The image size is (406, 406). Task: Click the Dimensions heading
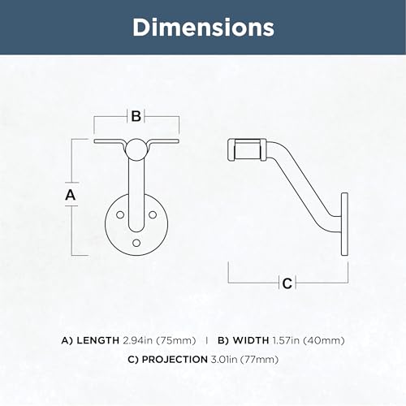pyautogui.click(x=203, y=28)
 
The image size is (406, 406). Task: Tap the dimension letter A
pyautogui.click(x=71, y=195)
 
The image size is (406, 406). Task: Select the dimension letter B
pyautogui.click(x=136, y=116)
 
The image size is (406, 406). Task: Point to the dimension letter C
pyautogui.click(x=287, y=283)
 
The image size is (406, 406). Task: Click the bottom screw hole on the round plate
pyautogui.click(x=136, y=243)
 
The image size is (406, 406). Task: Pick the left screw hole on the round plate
pyautogui.click(x=120, y=215)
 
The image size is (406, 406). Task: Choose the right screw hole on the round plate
pyautogui.click(x=153, y=215)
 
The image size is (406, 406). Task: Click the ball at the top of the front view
pyautogui.click(x=136, y=149)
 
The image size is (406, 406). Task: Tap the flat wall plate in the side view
pyautogui.click(x=344, y=224)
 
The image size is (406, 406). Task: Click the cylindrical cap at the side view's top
pyautogui.click(x=247, y=150)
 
